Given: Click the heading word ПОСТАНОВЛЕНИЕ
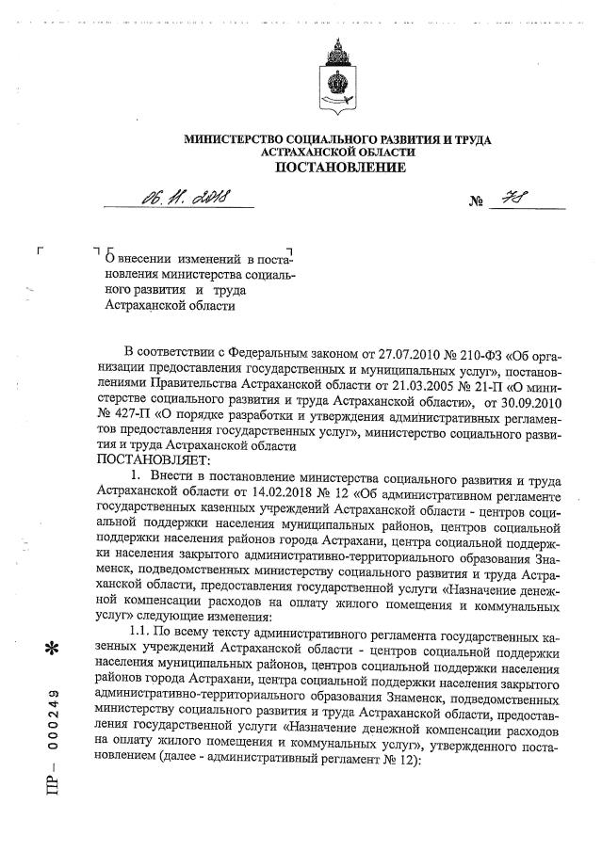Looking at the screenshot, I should tap(340, 168).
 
